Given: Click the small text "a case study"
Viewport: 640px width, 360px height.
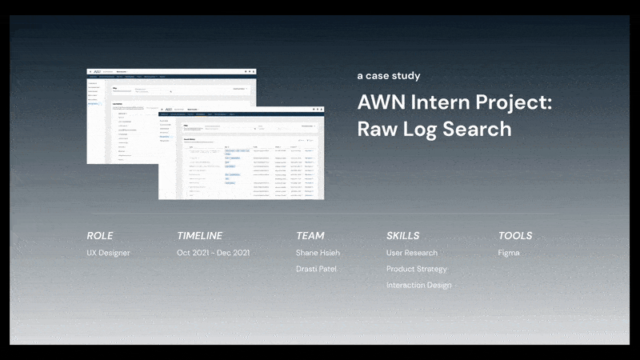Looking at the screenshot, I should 388,76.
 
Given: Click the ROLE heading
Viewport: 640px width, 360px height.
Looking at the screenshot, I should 100,236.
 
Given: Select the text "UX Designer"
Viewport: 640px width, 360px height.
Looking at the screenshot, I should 108,253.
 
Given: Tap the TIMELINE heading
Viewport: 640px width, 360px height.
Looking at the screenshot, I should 199,236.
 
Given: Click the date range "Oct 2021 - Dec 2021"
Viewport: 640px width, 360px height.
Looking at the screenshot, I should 214,253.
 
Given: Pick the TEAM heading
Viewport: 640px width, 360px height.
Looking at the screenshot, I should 310,236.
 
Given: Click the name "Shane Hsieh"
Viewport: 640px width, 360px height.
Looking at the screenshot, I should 318,253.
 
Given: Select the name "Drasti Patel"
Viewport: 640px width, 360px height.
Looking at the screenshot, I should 318,269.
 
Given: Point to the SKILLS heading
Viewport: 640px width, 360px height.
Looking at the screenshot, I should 402,236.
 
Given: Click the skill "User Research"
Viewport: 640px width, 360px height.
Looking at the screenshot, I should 412,253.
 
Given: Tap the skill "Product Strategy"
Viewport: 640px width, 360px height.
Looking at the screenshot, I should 417,269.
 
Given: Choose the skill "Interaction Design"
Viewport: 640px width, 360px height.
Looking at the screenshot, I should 418,285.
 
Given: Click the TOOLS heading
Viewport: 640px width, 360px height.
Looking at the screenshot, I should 515,236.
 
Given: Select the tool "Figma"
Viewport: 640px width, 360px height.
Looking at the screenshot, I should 509,253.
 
